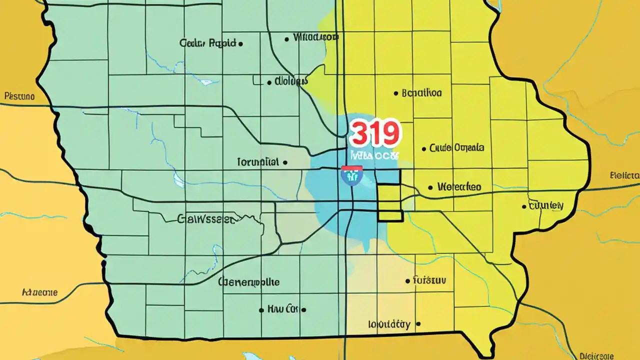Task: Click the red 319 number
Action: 375,133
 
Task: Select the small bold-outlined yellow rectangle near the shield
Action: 390,202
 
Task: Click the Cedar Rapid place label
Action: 207,43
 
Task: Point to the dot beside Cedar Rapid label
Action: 240,44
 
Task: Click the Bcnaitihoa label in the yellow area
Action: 422,93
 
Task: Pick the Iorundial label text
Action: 257,162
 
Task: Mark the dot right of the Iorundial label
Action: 285,162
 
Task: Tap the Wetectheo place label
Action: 459,187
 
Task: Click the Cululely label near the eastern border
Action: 546,205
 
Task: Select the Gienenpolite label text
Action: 249,282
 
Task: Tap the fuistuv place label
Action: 429,280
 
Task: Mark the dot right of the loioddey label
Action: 418,323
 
